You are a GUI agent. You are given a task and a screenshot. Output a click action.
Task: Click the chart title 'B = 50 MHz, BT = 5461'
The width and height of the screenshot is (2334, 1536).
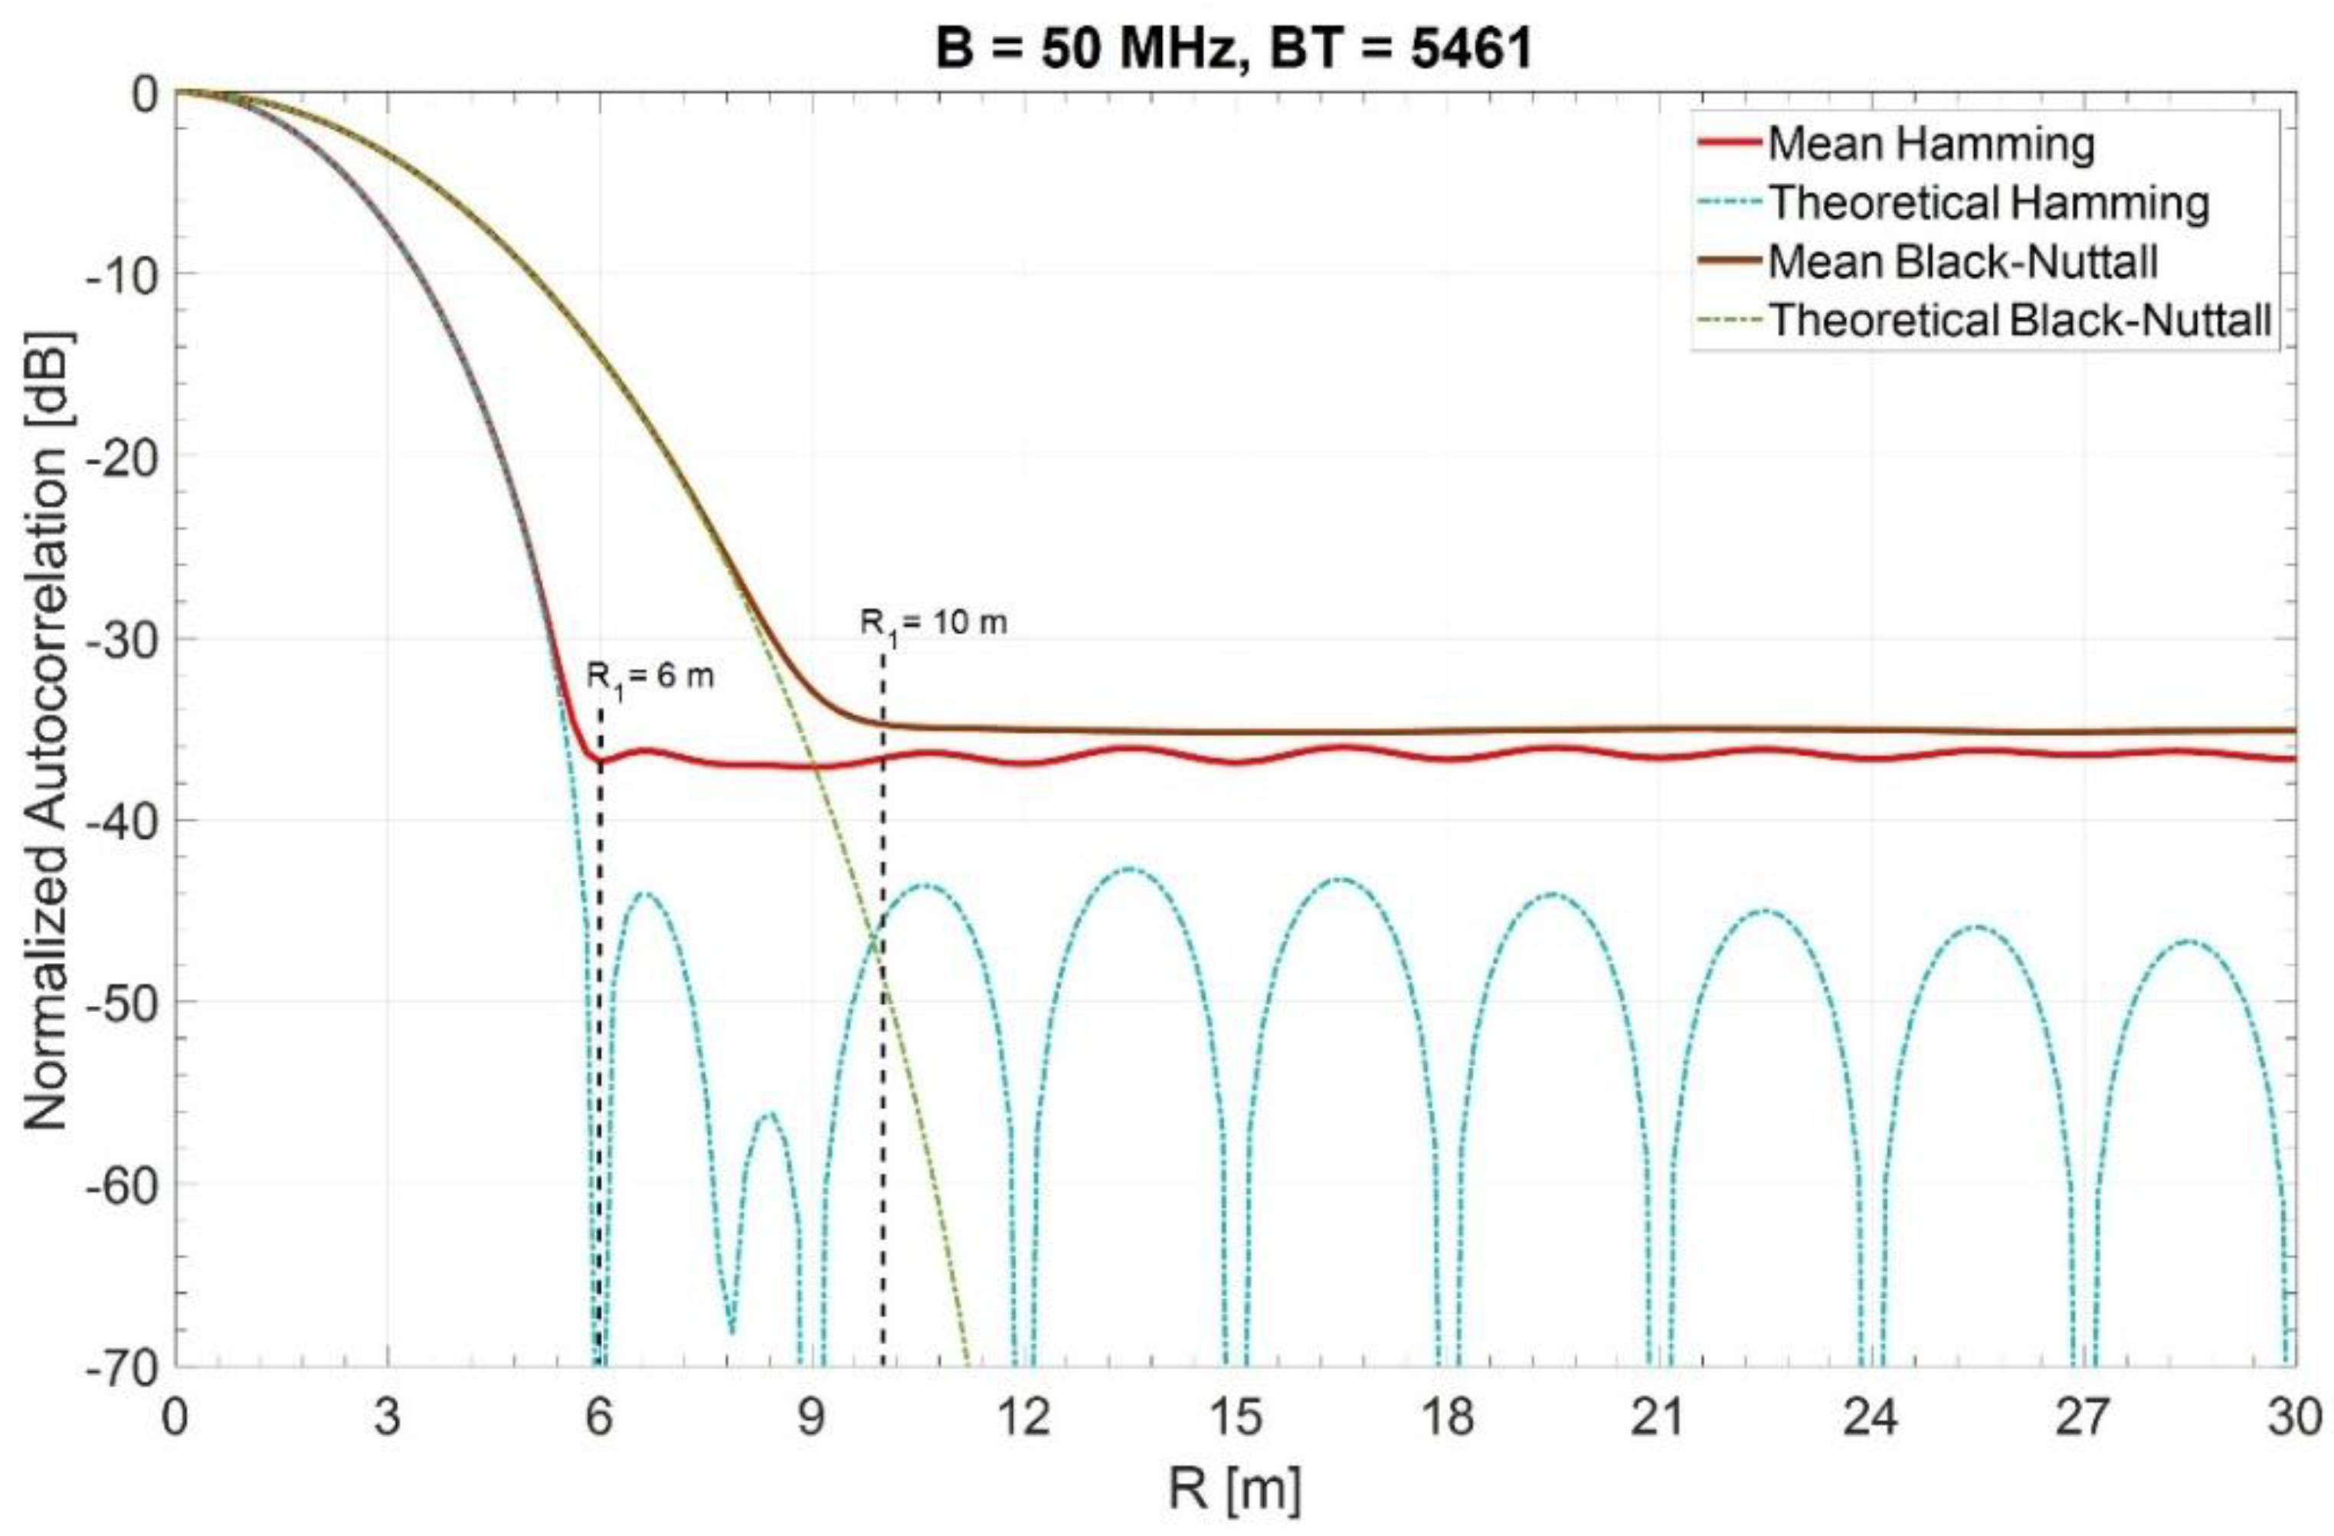coord(1234,47)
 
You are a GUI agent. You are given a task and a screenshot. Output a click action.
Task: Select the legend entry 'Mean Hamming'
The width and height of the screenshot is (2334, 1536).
coord(1930,144)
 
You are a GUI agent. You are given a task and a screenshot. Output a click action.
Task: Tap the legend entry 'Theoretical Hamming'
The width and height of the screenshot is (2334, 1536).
coord(1987,203)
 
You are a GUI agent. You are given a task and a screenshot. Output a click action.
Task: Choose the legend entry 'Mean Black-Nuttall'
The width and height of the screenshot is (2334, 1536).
coord(1962,262)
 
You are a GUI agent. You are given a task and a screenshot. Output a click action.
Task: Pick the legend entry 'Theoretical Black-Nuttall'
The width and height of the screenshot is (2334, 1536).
coord(2019,321)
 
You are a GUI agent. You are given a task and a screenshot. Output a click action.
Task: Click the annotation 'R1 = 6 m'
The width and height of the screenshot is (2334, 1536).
coord(650,676)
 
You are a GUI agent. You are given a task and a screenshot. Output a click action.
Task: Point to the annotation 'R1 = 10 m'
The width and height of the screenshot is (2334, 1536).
coord(933,624)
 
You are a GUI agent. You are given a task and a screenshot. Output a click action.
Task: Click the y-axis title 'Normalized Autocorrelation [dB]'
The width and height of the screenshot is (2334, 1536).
coord(47,731)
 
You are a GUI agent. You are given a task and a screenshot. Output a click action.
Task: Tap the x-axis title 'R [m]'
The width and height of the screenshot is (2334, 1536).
coord(1234,1489)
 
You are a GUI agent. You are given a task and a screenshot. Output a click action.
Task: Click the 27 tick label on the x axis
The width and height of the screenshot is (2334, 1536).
coord(2083,1418)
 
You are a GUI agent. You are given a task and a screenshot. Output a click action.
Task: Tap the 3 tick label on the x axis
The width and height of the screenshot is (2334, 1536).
coord(388,1418)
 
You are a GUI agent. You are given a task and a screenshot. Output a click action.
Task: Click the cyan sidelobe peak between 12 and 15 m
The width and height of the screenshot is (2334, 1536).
coord(1130,868)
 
